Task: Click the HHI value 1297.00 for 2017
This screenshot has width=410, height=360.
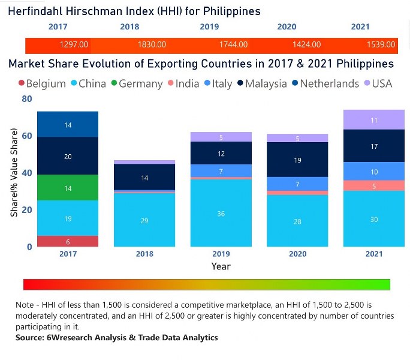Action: [x=74, y=44]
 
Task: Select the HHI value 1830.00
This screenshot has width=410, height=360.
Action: [x=151, y=44]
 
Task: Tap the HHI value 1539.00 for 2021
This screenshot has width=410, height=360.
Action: [x=381, y=44]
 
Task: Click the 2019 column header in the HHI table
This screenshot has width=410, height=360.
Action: [x=209, y=27]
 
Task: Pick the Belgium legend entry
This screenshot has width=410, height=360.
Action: [x=41, y=83]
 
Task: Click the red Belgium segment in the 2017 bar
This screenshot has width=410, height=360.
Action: [x=67, y=241]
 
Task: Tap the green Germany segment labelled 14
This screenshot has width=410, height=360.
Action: [x=67, y=188]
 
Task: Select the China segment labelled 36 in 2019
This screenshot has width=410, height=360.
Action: [x=221, y=213]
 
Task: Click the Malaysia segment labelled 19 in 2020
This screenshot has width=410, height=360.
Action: [x=297, y=160]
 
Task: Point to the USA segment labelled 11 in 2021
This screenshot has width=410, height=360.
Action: [x=374, y=120]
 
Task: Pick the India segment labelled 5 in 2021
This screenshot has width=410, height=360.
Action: [x=374, y=185]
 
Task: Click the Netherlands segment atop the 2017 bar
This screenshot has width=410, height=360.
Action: [x=67, y=124]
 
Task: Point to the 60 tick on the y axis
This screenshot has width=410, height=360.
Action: [x=26, y=136]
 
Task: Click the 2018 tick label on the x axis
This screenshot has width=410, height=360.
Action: [x=144, y=254]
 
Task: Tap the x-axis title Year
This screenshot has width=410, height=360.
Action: [x=221, y=266]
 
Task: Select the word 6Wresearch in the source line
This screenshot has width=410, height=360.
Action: [x=67, y=338]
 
